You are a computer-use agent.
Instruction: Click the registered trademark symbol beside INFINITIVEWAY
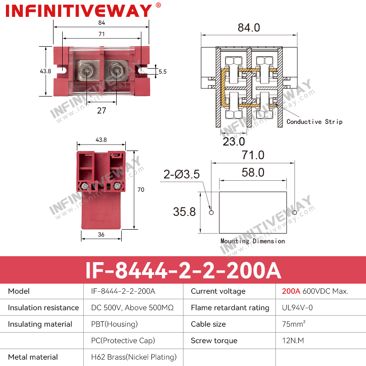tap(158, 5)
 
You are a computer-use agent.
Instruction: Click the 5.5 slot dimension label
tap(163, 72)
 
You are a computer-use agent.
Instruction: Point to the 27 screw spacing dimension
tap(102, 110)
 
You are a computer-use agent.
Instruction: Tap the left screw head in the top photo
tap(86, 70)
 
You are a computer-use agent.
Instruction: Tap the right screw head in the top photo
tap(116, 70)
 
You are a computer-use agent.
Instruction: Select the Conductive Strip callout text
tap(314, 122)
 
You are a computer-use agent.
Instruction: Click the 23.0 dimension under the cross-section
tap(234, 141)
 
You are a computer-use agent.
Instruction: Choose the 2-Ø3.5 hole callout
tap(181, 174)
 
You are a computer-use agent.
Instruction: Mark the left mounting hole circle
tap(211, 212)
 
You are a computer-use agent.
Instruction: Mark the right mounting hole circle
tap(295, 212)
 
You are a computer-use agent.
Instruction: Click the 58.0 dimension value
tap(253, 172)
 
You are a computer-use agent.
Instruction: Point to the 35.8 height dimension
tap(184, 212)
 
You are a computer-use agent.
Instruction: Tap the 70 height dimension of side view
tap(141, 189)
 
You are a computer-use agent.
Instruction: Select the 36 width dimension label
tap(101, 234)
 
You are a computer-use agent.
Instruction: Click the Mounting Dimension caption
tap(253, 241)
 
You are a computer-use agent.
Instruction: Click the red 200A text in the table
tap(291, 291)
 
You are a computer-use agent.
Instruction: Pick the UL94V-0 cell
tap(297, 307)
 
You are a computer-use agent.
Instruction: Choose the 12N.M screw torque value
tap(293, 340)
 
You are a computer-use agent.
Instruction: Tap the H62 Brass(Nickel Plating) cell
tap(134, 357)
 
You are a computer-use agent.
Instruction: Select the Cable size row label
tap(208, 324)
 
